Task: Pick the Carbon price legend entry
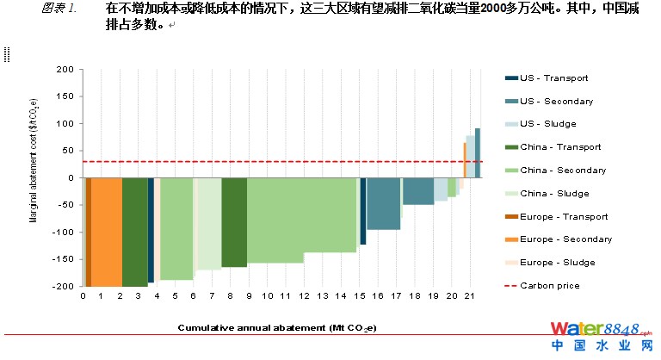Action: click(x=549, y=286)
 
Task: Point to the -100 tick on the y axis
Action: click(x=62, y=233)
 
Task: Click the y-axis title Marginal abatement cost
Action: click(x=34, y=178)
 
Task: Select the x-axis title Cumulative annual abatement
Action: click(x=277, y=328)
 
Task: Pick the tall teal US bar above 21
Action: click(x=478, y=152)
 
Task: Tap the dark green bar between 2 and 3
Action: click(x=134, y=231)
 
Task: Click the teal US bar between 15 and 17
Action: click(x=383, y=203)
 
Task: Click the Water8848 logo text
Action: click(x=593, y=329)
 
